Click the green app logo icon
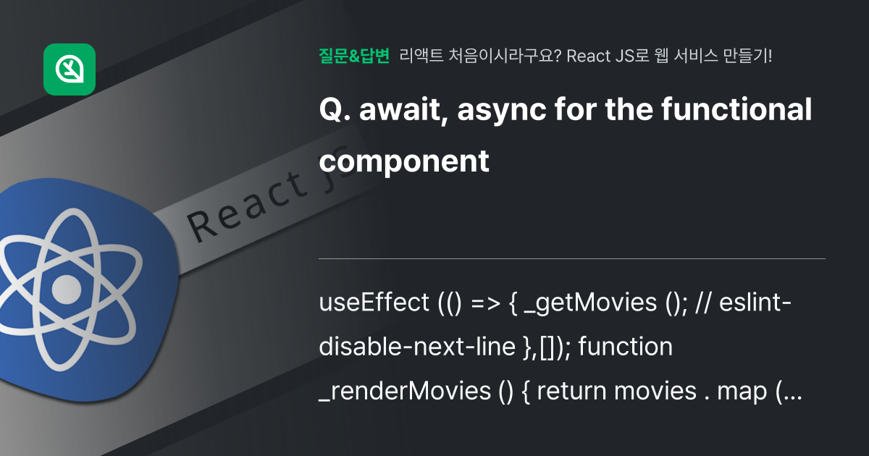(x=70, y=69)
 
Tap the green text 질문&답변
(x=354, y=56)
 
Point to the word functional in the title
(x=736, y=109)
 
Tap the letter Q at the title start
(x=331, y=110)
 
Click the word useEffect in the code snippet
(x=374, y=303)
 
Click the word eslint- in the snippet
(x=755, y=303)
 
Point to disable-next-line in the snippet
(x=417, y=346)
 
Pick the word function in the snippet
(x=626, y=346)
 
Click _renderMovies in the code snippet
(x=405, y=391)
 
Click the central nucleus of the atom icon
(x=67, y=290)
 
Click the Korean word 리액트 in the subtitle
(x=421, y=56)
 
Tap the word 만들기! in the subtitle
(x=747, y=56)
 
